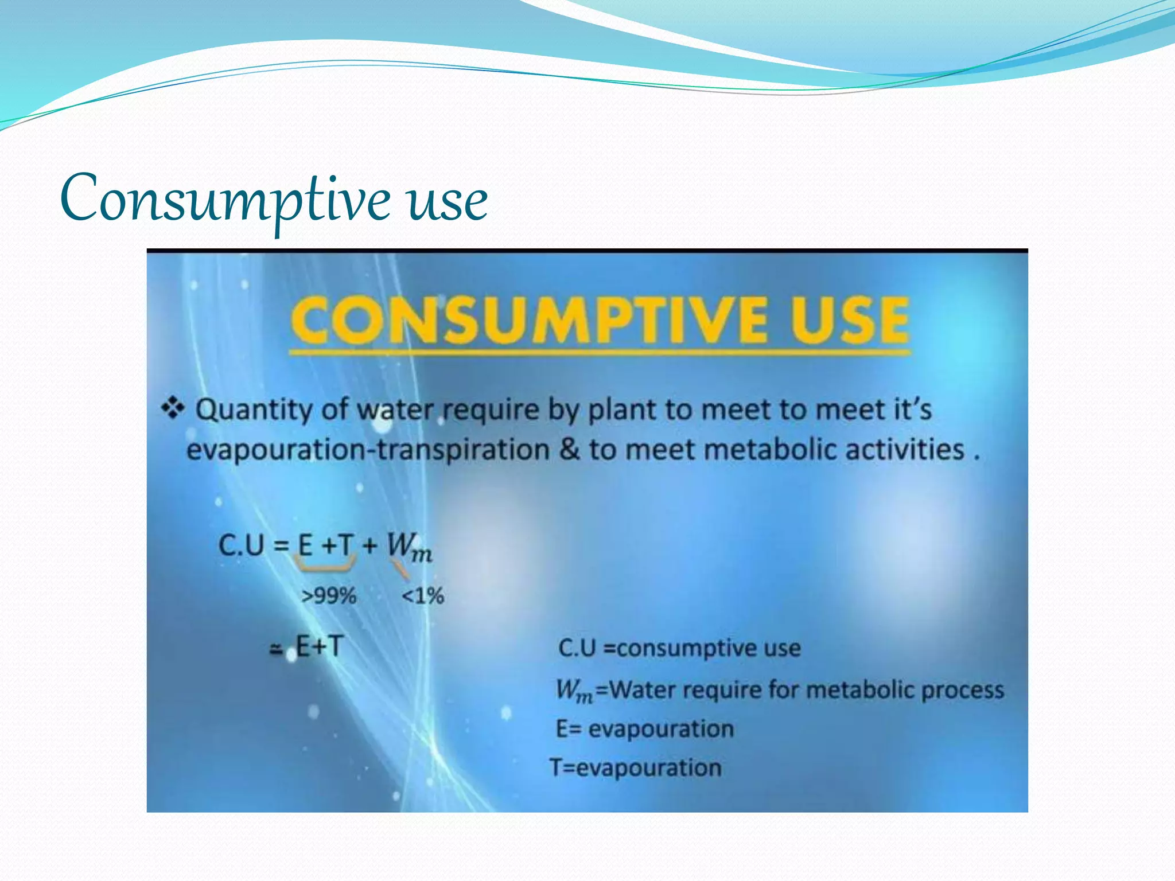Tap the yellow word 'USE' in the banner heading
tap(849, 319)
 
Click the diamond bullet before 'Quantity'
tap(173, 408)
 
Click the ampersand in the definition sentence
tap(569, 449)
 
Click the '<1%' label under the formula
tap(423, 596)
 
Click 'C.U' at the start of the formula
tap(242, 545)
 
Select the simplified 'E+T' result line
tap(319, 647)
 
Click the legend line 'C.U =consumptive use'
tap(679, 648)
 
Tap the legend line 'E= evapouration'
tap(645, 729)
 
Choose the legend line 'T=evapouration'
tap(636, 767)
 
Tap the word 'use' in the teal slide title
tap(448, 201)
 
